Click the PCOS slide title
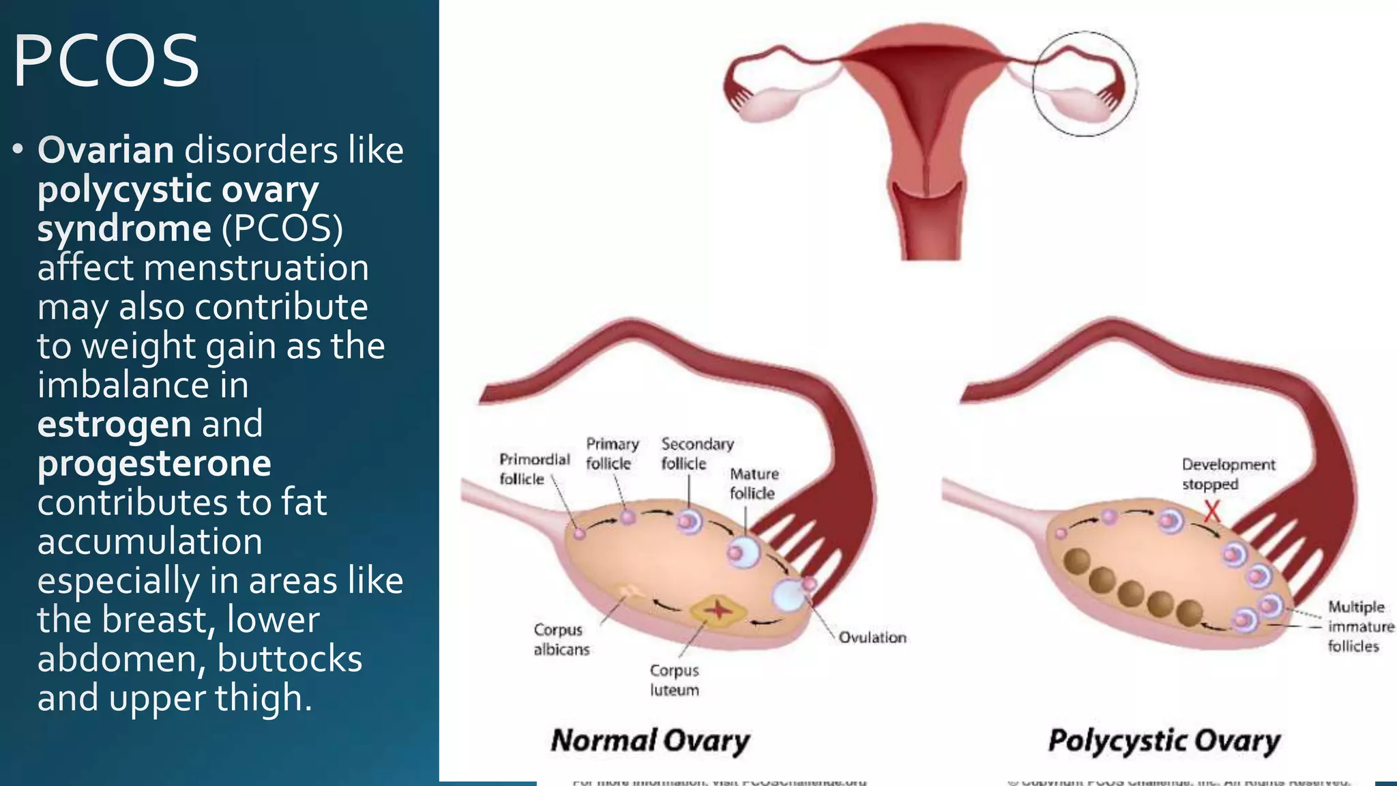(106, 61)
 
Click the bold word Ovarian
(106, 150)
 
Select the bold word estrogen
(114, 424)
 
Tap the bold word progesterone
(154, 464)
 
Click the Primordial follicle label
(534, 469)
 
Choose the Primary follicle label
(612, 454)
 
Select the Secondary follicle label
(696, 454)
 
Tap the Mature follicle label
(754, 484)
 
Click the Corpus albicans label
(561, 639)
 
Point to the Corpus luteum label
(674, 680)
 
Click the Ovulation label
(872, 637)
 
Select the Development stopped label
(1228, 474)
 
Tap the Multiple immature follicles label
(1360, 626)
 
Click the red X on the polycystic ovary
(1211, 511)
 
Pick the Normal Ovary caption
(650, 741)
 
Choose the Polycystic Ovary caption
(1164, 741)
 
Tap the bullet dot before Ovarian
(18, 150)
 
